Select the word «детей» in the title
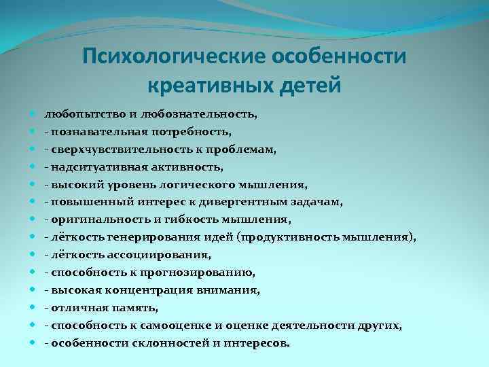point(310,86)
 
